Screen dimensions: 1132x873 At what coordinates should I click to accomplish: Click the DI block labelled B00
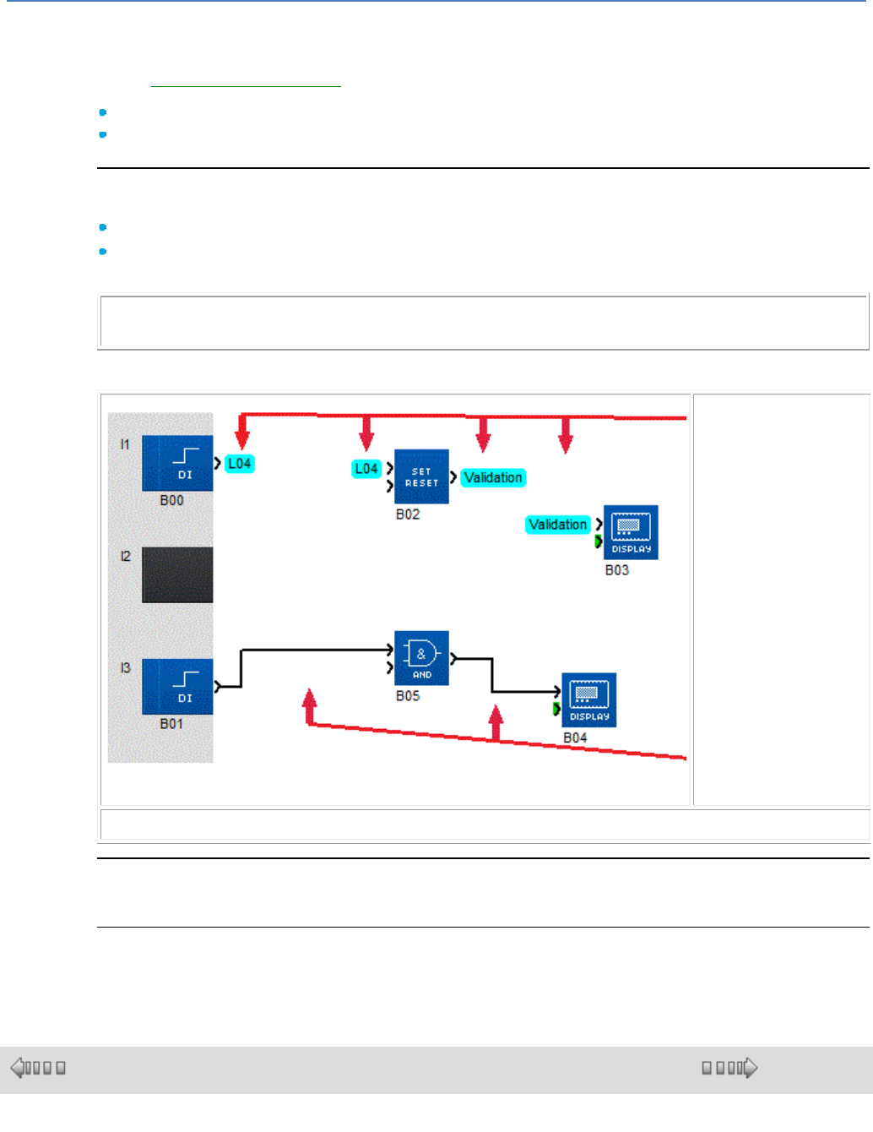click(177, 463)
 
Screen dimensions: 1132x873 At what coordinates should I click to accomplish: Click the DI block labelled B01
click(177, 686)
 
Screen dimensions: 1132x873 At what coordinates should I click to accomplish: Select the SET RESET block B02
click(421, 476)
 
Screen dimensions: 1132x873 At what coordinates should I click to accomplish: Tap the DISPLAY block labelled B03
click(631, 532)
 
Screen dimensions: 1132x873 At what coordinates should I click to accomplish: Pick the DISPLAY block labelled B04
click(588, 699)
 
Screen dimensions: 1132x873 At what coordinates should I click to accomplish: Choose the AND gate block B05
click(421, 657)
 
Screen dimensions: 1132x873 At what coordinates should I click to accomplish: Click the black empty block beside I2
click(177, 574)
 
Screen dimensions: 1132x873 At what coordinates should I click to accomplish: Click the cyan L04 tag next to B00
click(240, 464)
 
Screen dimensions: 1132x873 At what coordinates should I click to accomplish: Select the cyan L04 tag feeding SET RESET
click(366, 469)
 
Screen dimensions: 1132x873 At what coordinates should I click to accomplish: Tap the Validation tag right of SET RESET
click(493, 478)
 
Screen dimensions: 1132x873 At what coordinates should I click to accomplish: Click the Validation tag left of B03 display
click(557, 525)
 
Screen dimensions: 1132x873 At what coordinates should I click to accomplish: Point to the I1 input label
click(125, 444)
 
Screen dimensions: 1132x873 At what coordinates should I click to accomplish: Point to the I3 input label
click(125, 668)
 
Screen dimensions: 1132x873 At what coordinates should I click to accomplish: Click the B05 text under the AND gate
click(408, 696)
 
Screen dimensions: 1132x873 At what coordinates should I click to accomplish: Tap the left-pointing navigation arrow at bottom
click(18, 1068)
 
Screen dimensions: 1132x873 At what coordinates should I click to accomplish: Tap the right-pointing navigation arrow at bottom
click(750, 1068)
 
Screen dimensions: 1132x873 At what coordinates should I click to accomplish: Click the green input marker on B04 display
click(556, 709)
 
